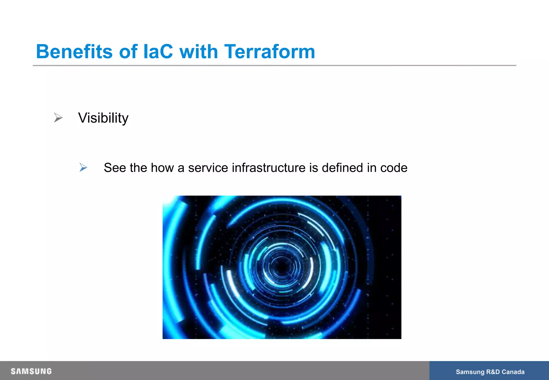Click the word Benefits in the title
pyautogui.click(x=74, y=51)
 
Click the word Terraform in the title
pyautogui.click(x=269, y=51)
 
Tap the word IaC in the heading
pyautogui.click(x=158, y=51)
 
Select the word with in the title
pyautogui.click(x=199, y=51)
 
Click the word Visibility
pyautogui.click(x=103, y=118)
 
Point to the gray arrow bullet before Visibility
pyautogui.click(x=58, y=118)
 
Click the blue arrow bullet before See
pyautogui.click(x=83, y=167)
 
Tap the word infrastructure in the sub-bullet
pyautogui.click(x=269, y=168)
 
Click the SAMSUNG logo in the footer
pyautogui.click(x=31, y=371)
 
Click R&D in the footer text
pyautogui.click(x=493, y=372)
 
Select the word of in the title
pyautogui.click(x=128, y=51)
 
